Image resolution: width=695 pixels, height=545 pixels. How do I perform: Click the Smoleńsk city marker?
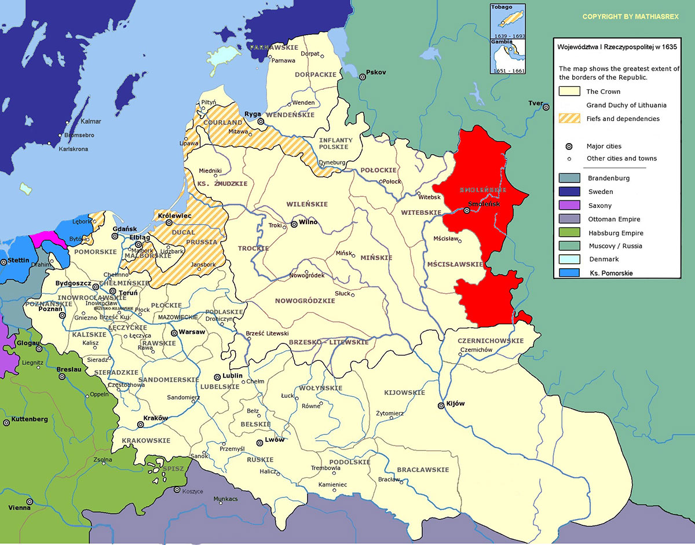(x=467, y=210)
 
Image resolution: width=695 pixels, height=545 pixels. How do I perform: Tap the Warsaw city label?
(x=193, y=332)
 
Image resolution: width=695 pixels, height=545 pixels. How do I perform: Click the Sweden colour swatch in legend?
(x=569, y=192)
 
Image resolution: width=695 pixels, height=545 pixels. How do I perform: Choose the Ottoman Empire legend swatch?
(x=569, y=219)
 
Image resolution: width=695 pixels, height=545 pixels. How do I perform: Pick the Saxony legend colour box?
(x=569, y=206)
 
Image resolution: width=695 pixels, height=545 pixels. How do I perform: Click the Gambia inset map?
(x=507, y=55)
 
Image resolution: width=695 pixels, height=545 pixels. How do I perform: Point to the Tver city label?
(x=535, y=104)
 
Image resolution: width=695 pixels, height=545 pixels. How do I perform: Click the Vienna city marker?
(x=30, y=502)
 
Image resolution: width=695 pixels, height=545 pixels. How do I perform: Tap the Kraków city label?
(x=156, y=418)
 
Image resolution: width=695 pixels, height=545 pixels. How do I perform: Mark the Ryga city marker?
(x=261, y=122)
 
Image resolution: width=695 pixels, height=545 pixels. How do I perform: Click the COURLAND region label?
(x=222, y=123)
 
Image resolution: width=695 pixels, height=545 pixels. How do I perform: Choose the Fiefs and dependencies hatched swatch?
(x=569, y=119)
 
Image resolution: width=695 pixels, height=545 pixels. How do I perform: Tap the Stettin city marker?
(x=5, y=262)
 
